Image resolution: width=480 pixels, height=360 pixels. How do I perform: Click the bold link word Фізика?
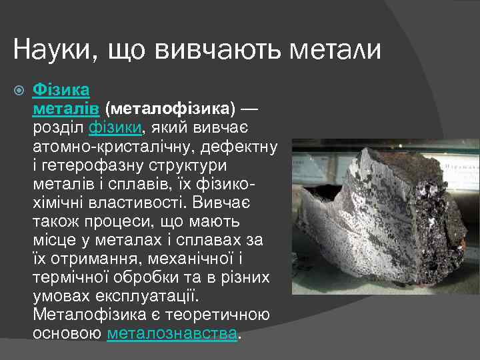coord(61,89)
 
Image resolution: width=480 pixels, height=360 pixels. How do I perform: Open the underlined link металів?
coord(67,108)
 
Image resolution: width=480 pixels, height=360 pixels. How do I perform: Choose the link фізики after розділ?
coord(115,127)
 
